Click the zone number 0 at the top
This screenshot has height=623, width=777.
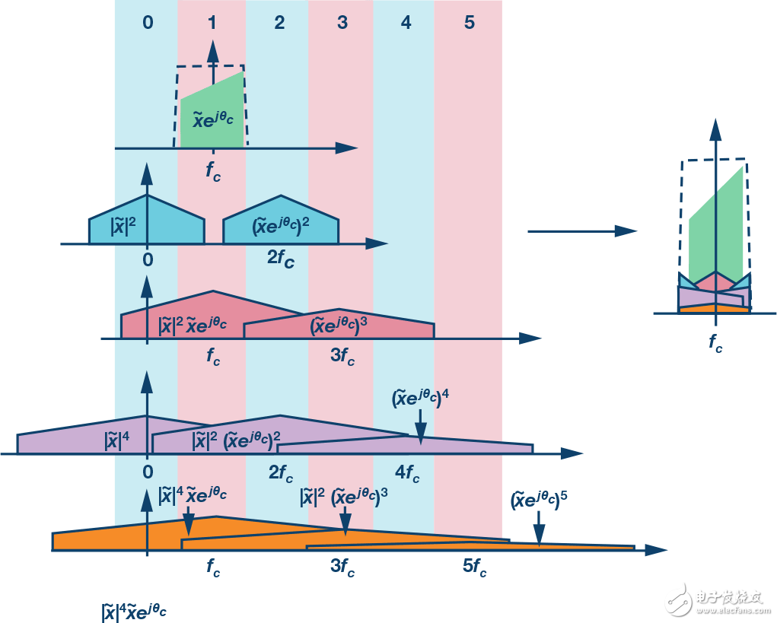pos(148,23)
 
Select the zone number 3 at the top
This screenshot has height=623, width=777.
pos(342,23)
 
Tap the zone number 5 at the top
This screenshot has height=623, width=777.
pos(469,23)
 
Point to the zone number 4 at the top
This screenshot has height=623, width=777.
pos(406,23)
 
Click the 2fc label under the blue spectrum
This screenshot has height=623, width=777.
pos(280,259)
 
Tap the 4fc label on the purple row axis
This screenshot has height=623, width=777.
pos(407,474)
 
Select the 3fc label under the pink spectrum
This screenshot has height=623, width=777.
pos(342,355)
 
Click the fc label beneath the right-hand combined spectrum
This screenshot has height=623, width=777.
pos(715,344)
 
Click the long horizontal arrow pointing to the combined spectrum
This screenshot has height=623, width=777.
pos(582,230)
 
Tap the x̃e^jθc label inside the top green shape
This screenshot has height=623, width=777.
pos(212,119)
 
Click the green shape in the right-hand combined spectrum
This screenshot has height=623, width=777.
pos(715,228)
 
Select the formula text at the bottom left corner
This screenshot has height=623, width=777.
pos(134,611)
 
